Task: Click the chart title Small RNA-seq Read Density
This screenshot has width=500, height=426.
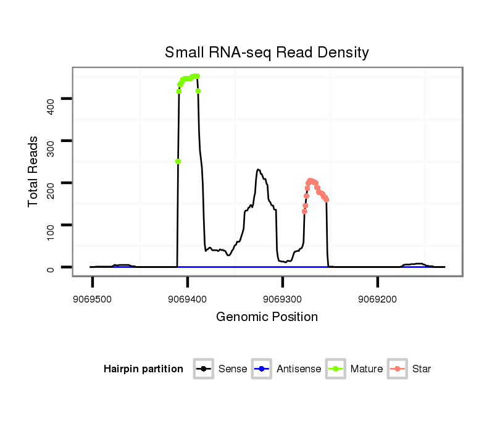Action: (267, 52)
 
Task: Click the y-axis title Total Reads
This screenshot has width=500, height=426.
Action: (33, 172)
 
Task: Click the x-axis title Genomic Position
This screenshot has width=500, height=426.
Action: (267, 317)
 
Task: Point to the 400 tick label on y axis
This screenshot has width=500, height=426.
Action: (51, 99)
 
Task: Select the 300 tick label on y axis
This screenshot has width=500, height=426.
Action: (51, 141)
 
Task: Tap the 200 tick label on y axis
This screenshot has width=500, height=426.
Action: (51, 183)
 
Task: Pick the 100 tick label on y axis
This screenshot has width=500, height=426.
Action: (51, 225)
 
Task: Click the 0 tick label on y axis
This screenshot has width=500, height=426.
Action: (51, 267)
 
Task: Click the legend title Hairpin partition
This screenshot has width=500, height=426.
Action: (143, 369)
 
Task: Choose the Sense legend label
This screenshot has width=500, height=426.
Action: (233, 369)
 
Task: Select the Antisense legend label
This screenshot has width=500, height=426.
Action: (299, 369)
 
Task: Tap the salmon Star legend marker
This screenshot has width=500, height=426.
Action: (398, 369)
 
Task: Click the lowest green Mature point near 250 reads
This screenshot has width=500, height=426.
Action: (178, 162)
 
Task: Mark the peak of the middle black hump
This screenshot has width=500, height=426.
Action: (258, 170)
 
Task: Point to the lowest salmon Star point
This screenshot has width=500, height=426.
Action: (304, 212)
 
